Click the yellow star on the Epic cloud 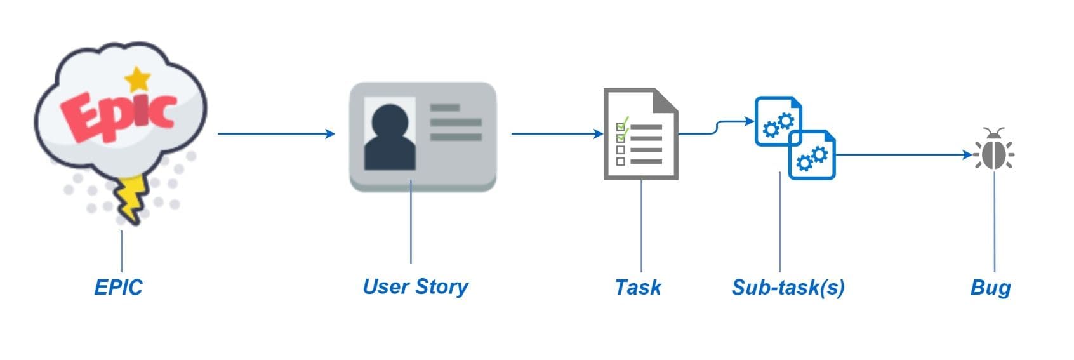137,79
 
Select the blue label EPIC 118,287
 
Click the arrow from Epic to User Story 275,133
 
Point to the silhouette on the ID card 389,137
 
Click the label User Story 415,286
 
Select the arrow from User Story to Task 556,133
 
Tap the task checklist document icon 640,135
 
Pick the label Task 637,287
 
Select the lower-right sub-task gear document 812,156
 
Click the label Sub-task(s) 788,287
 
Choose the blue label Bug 990,287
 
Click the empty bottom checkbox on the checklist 621,161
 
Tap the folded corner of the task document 665,100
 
